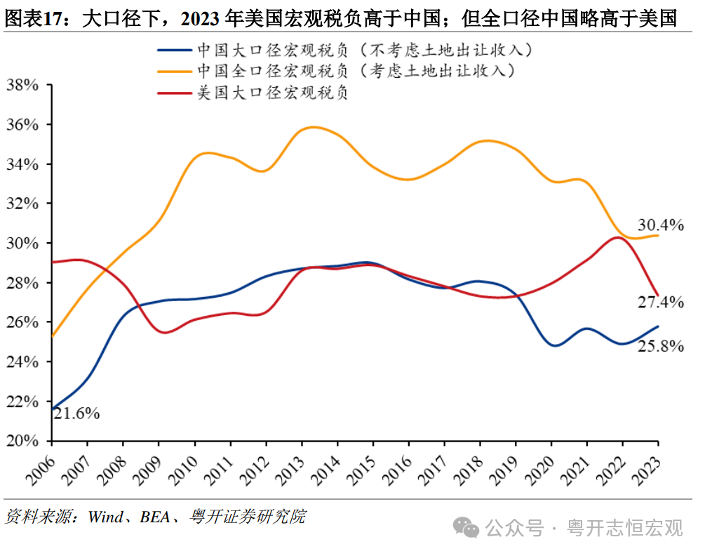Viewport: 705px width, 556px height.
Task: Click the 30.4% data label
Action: pyautogui.click(x=660, y=225)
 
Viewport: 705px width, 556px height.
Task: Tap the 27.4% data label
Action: pyautogui.click(x=660, y=303)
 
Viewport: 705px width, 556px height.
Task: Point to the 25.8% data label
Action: pyautogui.click(x=660, y=345)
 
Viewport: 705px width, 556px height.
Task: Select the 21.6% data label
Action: pyautogui.click(x=76, y=413)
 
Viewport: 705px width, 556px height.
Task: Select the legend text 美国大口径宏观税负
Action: pyautogui.click(x=273, y=93)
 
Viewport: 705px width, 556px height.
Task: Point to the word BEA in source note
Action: pyautogui.click(x=154, y=517)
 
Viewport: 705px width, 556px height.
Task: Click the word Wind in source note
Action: pyautogui.click(x=105, y=517)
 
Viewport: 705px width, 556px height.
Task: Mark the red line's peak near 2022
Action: pyautogui.click(x=617, y=237)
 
